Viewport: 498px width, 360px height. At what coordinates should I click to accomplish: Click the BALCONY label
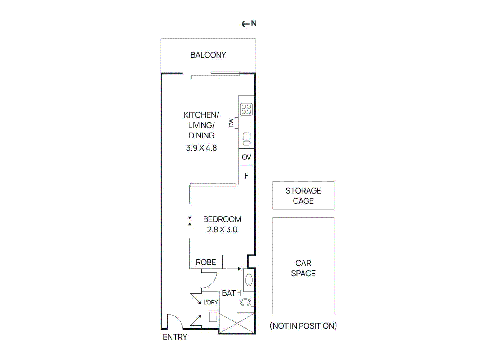coord(208,55)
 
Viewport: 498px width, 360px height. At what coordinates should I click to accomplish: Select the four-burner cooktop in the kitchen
coord(246,109)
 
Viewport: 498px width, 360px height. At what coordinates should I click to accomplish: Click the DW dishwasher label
coord(231,123)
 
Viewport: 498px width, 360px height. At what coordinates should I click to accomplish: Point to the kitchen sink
coord(247,139)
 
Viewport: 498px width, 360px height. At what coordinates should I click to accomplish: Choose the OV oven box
coord(246,157)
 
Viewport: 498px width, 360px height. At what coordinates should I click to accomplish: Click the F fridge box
coord(246,176)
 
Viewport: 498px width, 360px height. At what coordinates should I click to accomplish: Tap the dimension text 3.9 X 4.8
coord(201,148)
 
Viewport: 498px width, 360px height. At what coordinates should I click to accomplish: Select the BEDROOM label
coord(222,219)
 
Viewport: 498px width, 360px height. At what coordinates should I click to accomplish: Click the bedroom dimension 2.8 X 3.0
coord(222,230)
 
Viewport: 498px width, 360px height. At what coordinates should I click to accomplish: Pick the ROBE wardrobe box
coord(206,262)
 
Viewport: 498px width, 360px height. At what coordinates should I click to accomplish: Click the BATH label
coord(232,293)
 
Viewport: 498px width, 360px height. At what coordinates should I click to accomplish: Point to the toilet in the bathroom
coord(246,302)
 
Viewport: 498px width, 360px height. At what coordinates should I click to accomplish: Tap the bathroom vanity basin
coord(249,280)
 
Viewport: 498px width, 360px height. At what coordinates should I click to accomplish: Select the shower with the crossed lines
coord(237,324)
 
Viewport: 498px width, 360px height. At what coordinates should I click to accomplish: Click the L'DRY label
coord(210,302)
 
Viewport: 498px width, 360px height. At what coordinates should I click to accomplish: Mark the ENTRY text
coord(175,337)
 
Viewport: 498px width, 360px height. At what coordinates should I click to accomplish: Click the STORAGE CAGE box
coord(303,195)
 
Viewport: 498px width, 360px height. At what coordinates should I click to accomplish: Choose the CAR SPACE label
coord(303,268)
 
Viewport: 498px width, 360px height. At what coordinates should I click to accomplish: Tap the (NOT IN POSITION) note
coord(303,326)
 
